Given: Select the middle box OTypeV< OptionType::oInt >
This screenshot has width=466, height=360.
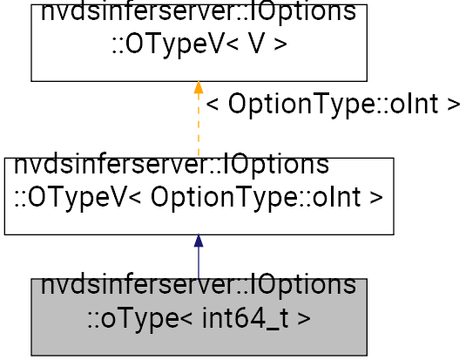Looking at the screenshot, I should point(199,195).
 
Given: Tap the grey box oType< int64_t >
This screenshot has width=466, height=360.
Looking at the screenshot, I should point(199,317).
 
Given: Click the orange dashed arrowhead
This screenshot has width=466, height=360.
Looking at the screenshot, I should point(199,87).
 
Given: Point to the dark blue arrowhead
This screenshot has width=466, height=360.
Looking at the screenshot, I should point(199,241).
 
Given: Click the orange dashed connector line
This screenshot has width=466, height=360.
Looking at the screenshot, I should point(199,126).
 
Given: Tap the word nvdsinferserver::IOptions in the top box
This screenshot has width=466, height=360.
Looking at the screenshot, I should point(199,14).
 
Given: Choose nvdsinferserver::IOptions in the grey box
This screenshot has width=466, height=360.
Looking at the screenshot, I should point(199,286).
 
